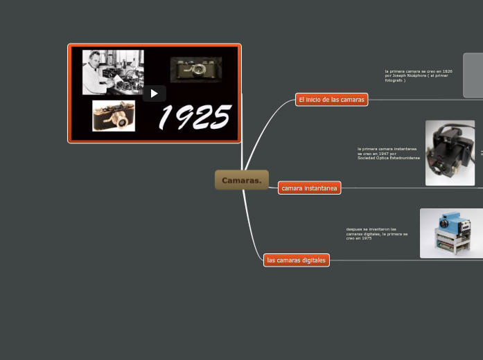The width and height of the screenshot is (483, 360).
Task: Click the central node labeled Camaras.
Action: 241,180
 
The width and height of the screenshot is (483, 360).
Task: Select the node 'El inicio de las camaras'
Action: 331,100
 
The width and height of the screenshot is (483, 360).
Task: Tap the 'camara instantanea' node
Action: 309,188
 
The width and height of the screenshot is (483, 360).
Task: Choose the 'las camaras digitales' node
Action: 296,260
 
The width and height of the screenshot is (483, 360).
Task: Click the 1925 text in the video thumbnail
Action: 195,117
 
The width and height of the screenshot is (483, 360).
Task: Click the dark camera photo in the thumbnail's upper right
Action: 196,69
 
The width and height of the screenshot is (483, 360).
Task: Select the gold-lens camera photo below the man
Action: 114,116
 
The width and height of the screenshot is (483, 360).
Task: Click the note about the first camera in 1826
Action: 419,75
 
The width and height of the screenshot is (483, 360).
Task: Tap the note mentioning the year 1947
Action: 388,153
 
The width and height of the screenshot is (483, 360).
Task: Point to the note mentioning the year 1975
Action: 376,233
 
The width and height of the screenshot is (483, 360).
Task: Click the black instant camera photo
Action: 450,152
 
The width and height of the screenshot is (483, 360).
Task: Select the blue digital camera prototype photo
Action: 450,233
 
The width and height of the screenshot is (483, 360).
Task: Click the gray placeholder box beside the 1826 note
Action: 473,75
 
